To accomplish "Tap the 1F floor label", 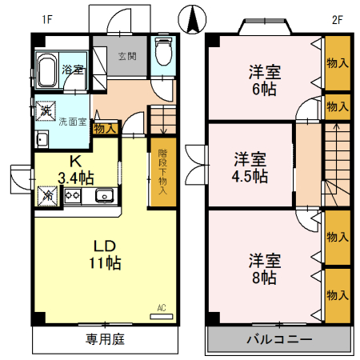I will coord(47,19).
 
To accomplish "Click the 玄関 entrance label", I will coord(127,57).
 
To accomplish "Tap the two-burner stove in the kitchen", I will coord(74,195).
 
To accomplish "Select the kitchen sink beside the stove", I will coord(104,195).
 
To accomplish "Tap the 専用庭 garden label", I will coord(106,338).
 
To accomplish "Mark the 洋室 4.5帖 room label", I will coord(250,166).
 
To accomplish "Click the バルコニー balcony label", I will coord(277,339).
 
